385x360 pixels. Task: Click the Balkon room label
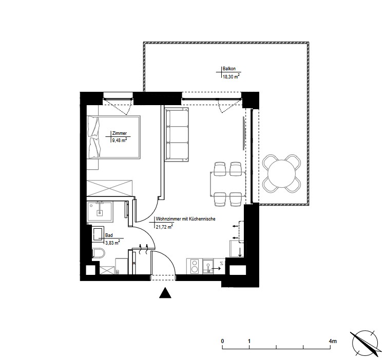[x=229, y=69]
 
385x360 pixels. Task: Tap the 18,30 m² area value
[x=231, y=76]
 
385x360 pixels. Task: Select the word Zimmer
[x=119, y=133]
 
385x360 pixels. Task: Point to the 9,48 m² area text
[x=120, y=141]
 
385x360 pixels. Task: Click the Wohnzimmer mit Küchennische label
[x=186, y=219]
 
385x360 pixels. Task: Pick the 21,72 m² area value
[x=164, y=226]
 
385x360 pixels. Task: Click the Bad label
[x=109, y=235]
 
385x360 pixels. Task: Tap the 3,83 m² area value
[x=113, y=243]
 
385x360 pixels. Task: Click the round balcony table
[x=281, y=173]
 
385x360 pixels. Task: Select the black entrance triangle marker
[x=165, y=292]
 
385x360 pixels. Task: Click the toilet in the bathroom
[x=99, y=253]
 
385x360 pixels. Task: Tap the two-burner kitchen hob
[x=195, y=266]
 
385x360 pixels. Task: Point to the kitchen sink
[x=208, y=267]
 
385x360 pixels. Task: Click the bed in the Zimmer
[x=113, y=137]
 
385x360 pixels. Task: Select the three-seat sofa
[x=177, y=135]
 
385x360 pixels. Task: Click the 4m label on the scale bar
[x=333, y=341]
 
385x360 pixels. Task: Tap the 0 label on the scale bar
[x=222, y=341]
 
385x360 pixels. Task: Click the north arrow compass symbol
[x=365, y=343]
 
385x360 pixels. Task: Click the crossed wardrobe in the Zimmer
[x=109, y=188]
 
